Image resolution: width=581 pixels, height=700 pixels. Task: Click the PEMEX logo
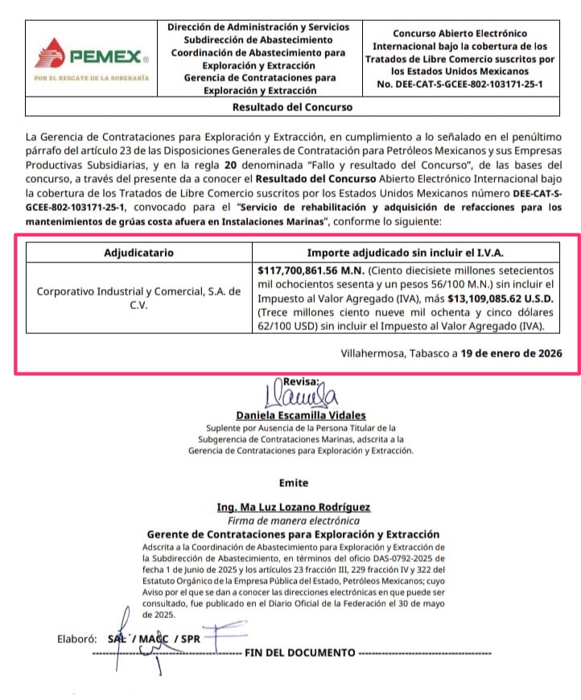tap(91, 56)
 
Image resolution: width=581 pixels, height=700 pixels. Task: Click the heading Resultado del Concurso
tap(292, 106)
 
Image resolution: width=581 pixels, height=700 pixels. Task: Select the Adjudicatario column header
tap(138, 253)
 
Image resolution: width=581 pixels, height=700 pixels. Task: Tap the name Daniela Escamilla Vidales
tap(301, 415)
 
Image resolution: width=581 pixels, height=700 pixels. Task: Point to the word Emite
tap(294, 483)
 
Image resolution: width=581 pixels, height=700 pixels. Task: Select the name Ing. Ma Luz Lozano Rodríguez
tap(293, 507)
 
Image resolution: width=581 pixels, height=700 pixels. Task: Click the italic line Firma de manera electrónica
tap(293, 521)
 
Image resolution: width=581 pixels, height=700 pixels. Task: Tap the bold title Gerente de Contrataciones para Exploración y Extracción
tap(293, 534)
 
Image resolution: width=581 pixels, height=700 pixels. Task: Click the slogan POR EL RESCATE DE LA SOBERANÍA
tap(91, 78)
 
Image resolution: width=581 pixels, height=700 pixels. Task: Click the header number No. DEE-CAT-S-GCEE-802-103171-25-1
tap(459, 83)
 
